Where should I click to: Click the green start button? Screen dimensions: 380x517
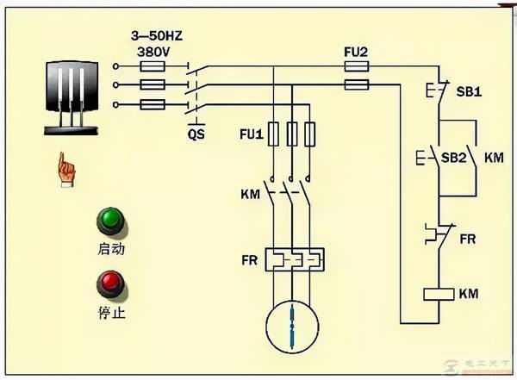click(x=110, y=221)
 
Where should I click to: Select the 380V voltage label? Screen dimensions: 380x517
click(x=153, y=51)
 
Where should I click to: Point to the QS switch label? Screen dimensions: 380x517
click(x=196, y=134)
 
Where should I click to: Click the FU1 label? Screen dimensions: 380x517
click(x=250, y=134)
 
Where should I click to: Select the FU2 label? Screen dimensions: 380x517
click(x=356, y=52)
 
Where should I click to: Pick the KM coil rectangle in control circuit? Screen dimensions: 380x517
click(x=439, y=295)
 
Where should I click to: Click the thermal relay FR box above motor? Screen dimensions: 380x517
click(x=293, y=259)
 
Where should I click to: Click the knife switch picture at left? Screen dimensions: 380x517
click(x=69, y=94)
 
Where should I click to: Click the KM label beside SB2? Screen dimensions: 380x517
click(x=494, y=159)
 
